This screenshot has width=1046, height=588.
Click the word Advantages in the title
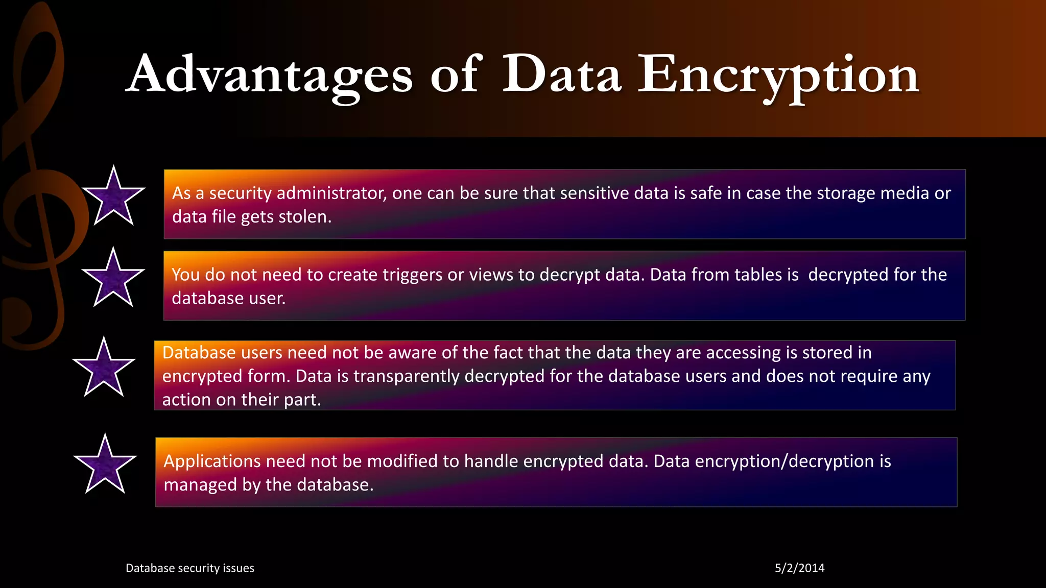pos(269,76)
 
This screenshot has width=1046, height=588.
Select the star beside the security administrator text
pos(113,198)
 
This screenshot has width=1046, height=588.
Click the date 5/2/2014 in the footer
pos(799,568)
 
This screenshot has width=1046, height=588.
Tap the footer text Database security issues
pos(189,568)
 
